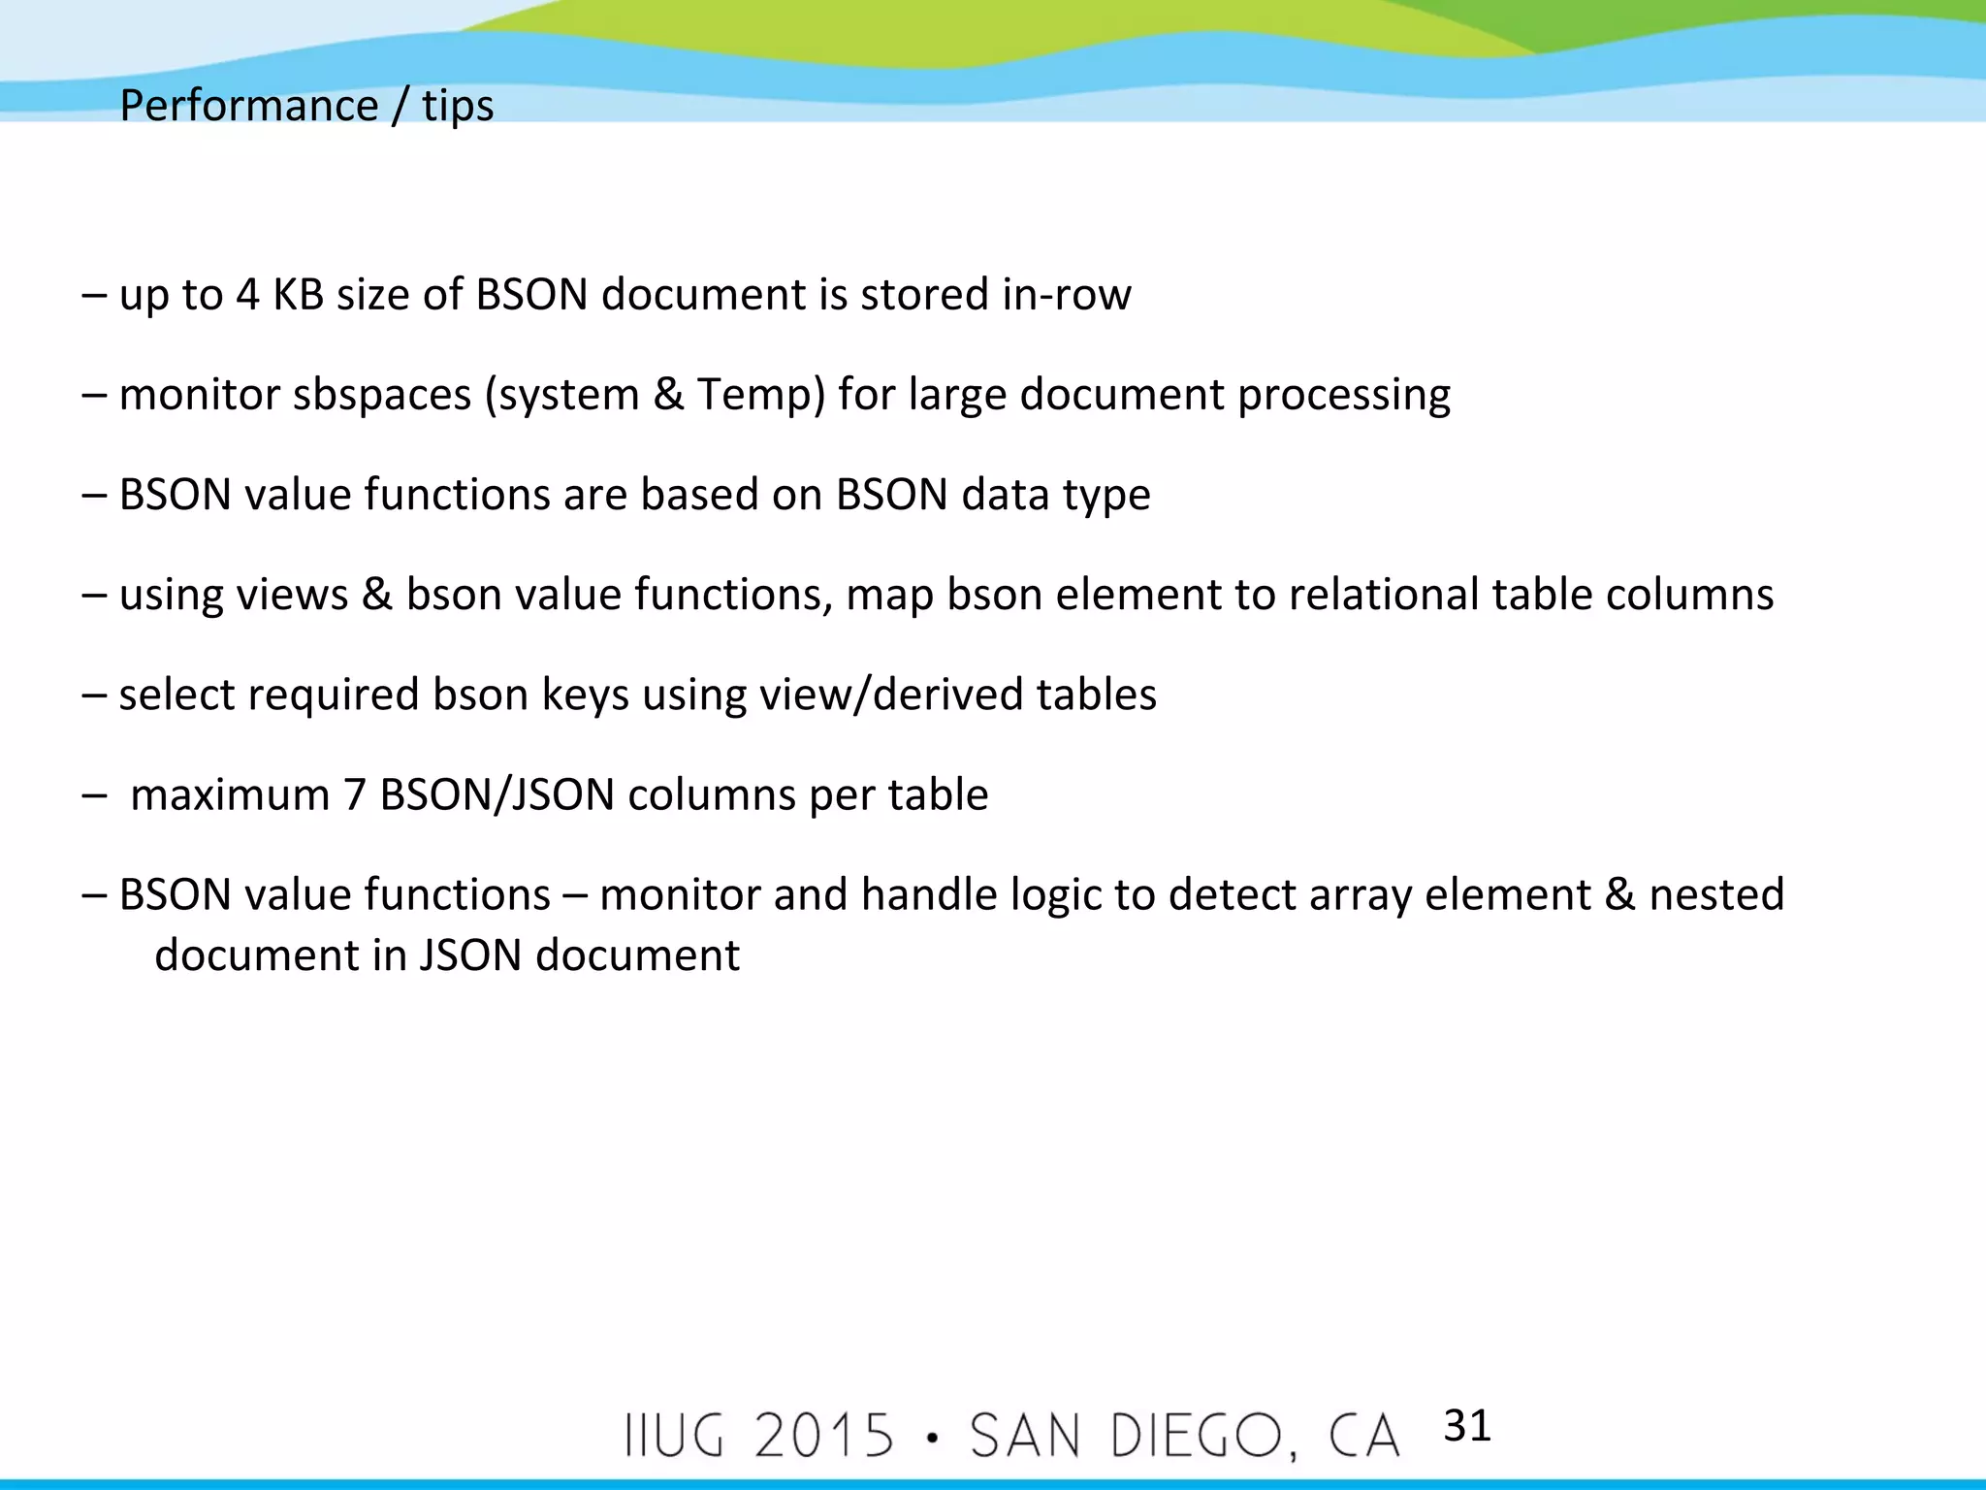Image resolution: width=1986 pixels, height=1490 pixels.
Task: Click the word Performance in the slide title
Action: (248, 106)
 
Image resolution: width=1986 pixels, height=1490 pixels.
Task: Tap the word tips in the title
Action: (458, 106)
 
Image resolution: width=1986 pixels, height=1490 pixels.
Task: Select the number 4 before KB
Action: (247, 295)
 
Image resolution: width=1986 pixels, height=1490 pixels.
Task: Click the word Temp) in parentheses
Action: (760, 395)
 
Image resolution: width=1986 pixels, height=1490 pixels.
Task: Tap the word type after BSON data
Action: (1106, 496)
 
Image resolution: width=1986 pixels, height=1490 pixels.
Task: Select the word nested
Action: (1716, 895)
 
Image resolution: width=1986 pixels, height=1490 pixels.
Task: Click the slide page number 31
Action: (1466, 1426)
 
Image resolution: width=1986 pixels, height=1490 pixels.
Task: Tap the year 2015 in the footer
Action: (824, 1436)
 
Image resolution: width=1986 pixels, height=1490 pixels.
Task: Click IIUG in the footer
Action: (675, 1436)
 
